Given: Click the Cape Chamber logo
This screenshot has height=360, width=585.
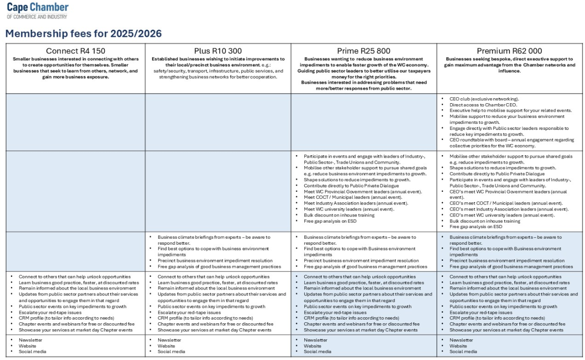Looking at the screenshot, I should click(37, 10).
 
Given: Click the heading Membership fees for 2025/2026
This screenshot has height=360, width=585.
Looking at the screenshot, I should click(83, 34).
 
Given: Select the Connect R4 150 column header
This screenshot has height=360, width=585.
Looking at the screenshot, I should click(76, 51).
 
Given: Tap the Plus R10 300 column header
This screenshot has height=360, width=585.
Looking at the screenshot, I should click(218, 51).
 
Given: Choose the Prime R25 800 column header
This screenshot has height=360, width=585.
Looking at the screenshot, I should click(363, 51).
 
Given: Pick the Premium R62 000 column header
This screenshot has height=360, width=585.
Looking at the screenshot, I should click(509, 51).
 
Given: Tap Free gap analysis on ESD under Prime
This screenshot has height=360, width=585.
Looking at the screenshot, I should click(330, 221).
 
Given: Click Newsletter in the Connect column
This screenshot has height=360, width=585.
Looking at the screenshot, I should click(30, 340).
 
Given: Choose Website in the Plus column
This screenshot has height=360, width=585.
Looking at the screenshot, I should click(166, 346).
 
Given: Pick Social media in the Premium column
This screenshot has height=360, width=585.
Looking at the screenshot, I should click(463, 351).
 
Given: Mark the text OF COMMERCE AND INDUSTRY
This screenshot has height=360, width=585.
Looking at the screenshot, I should click(37, 17).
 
